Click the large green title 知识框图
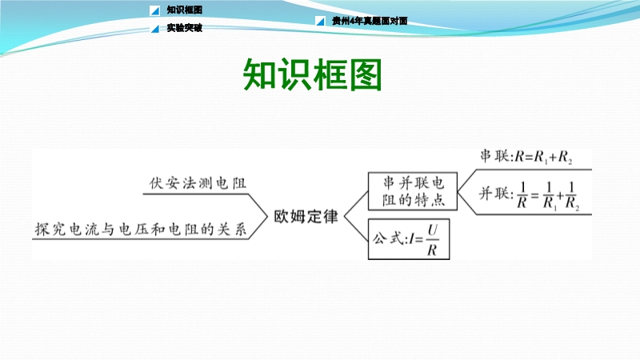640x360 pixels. [312, 74]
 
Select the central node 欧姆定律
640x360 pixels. [306, 216]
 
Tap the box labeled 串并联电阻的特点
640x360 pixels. [413, 191]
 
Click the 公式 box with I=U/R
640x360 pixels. [409, 239]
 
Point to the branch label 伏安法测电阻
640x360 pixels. [198, 183]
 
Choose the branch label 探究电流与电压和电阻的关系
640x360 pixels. [141, 229]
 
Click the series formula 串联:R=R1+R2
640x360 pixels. [526, 157]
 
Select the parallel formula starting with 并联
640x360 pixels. [530, 195]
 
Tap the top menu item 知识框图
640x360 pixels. [185, 10]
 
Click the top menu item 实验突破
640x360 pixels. [185, 28]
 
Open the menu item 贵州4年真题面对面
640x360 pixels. [370, 21]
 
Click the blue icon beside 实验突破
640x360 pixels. [155, 28]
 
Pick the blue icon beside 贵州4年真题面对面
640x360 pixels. [321, 21]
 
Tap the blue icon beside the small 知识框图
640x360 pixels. [154, 10]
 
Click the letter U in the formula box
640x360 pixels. [433, 230]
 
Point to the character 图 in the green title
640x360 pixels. [366, 74]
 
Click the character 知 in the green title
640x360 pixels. [259, 74]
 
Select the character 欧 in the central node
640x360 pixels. [282, 216]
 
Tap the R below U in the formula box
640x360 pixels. [432, 250]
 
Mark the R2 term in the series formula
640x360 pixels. [566, 157]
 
